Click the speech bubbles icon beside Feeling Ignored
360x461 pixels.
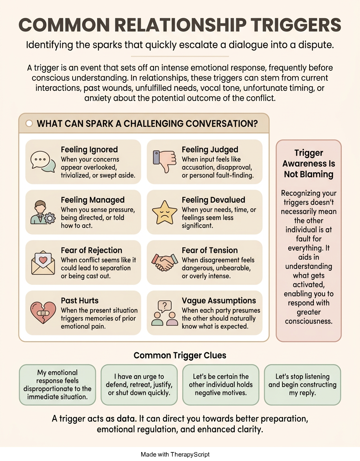43,162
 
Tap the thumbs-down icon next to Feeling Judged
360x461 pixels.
164,161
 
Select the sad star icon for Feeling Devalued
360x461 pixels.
164,212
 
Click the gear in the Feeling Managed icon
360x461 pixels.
50,218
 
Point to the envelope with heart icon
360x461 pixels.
43,263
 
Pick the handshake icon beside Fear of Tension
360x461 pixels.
164,262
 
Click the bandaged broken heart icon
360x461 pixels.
43,312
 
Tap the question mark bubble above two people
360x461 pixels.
164,306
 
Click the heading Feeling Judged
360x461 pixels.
210,150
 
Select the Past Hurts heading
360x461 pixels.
80,300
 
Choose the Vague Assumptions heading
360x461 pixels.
219,301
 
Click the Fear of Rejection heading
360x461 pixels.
92,250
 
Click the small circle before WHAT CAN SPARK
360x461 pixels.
29,123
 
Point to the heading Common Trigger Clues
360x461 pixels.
180,355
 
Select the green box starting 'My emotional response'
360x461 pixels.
57,385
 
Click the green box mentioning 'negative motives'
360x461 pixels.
221,385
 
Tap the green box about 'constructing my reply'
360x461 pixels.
303,385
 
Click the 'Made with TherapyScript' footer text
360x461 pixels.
175,454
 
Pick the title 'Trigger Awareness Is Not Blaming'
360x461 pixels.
308,163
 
